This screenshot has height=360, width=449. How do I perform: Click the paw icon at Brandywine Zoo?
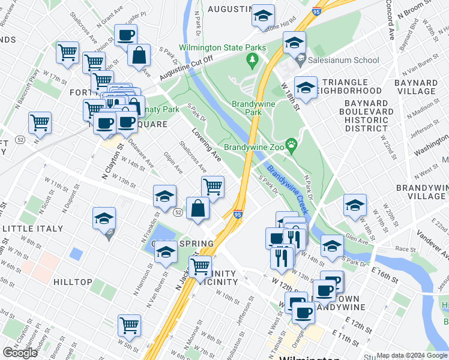pos(292,144)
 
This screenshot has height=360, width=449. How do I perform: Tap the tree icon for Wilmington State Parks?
pos(252,59)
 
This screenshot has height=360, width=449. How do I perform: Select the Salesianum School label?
pos(343,60)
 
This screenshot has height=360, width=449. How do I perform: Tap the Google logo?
pos(20,353)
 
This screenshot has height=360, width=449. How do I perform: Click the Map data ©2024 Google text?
pos(412,355)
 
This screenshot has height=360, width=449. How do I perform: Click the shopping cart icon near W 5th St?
pos(129,325)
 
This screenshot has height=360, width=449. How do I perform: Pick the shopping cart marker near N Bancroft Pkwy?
pos(40,122)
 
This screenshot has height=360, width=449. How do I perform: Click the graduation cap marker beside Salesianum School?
pos(295,42)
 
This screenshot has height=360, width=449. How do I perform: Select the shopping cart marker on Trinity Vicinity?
pos(200,266)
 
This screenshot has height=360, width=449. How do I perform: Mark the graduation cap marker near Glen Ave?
pos(332,245)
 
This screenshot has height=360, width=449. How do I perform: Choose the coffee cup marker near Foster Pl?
pos(125,35)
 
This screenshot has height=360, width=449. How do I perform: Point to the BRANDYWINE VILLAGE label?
pos(421,191)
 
